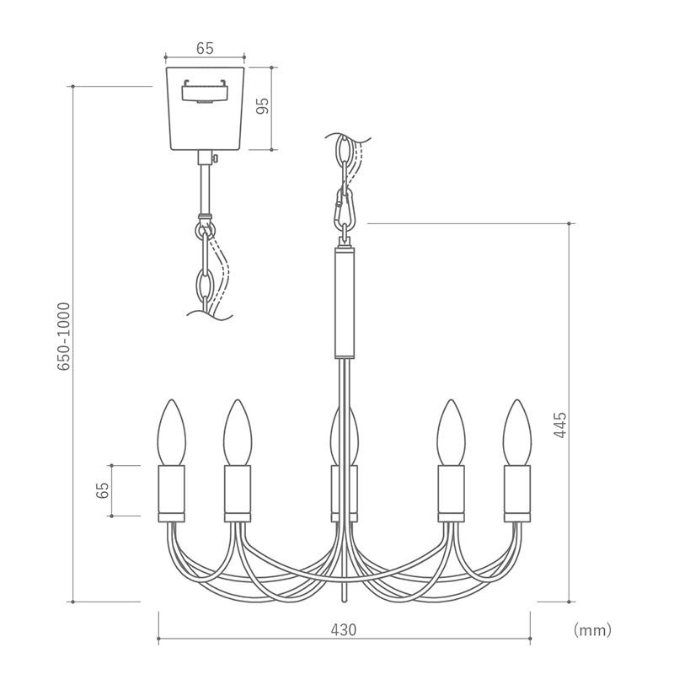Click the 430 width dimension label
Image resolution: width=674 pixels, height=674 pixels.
344,629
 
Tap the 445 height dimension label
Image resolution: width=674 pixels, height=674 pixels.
559,425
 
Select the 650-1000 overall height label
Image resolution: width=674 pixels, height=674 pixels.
64,336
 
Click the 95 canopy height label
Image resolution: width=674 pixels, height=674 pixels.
262,106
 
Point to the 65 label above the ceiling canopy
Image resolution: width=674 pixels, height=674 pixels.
205,49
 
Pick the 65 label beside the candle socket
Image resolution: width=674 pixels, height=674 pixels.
102,490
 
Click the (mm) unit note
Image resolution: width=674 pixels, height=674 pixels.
592,630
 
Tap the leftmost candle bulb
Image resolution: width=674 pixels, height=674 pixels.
172,432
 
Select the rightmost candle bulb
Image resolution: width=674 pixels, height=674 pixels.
517,432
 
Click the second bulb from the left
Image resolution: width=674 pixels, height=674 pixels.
238,432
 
